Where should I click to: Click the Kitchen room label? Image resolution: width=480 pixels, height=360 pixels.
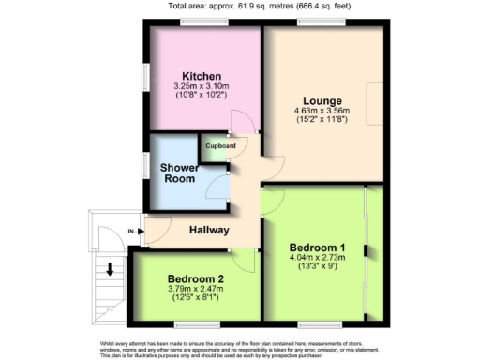202,76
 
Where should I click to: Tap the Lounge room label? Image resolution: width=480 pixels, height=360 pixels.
322,100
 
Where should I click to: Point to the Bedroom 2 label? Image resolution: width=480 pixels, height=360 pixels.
196,278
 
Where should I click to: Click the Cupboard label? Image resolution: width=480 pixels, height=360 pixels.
222,146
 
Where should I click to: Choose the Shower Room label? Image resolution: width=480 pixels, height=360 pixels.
178,173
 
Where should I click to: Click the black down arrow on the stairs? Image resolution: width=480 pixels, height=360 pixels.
111,270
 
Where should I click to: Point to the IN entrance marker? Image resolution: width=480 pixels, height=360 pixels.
131,230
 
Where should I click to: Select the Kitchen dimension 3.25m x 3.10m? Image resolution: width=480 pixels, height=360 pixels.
202,86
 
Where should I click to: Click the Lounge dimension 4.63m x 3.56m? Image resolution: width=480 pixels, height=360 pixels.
322,111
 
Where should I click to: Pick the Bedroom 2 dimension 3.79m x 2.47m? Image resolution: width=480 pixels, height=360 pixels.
196,289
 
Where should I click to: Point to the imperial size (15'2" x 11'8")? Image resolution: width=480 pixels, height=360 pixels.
322,120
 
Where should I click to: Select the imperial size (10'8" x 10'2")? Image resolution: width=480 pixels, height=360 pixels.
202,96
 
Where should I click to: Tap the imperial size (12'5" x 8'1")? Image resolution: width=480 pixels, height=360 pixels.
196,298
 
